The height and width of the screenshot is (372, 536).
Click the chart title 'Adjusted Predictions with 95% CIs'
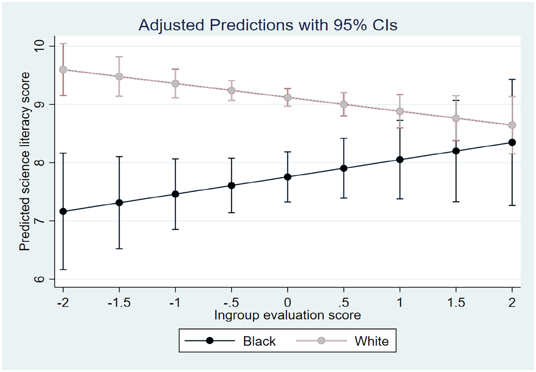coord(268,25)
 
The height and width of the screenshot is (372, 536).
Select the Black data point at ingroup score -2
coord(63,211)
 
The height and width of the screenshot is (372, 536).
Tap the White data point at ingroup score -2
coord(63,70)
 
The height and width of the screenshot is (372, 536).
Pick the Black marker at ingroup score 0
coord(288,177)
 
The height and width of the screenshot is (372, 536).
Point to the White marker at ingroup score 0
coord(288,97)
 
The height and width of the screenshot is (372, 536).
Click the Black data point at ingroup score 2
coord(512,143)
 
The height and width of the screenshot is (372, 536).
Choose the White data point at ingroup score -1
coord(175,83)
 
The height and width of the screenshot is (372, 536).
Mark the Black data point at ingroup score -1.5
coord(119,203)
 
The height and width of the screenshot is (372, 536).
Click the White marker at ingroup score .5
coord(344,104)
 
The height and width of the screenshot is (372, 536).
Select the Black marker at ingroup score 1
coord(400,160)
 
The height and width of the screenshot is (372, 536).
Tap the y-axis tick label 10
coord(40,46)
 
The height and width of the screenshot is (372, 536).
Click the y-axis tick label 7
coord(40,221)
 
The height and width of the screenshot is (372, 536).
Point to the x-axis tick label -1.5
coord(119,303)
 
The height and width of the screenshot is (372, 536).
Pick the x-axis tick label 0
coord(288,303)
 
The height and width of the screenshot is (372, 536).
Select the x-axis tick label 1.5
coord(456,303)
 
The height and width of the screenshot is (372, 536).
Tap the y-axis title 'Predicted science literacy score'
coord(25,161)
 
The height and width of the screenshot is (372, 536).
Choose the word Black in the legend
coord(259,341)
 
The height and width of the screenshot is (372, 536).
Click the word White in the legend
coord(372,341)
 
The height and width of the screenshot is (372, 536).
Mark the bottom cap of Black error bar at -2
coord(63,270)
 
